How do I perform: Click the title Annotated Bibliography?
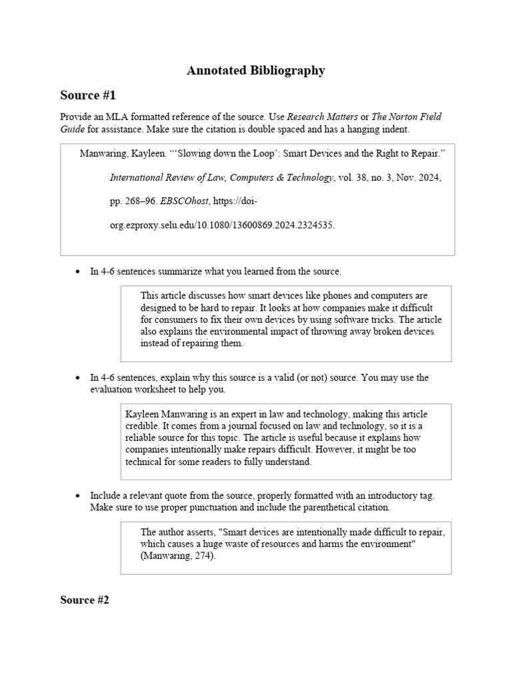[256, 70]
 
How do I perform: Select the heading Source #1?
[88, 95]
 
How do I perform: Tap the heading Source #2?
[85, 600]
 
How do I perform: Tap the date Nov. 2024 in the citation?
[417, 177]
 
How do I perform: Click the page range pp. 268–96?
[132, 201]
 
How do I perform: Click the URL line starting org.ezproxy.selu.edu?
[222, 225]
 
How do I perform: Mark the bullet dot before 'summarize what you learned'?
[78, 272]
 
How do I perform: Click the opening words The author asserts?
[177, 532]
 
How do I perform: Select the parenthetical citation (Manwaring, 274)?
[178, 556]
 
